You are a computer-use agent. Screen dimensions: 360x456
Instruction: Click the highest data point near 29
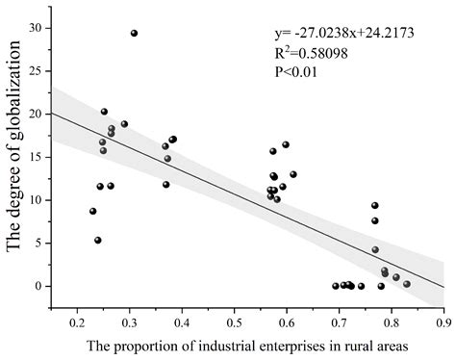click(x=134, y=33)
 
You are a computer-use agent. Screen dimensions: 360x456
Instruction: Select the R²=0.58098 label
click(x=331, y=54)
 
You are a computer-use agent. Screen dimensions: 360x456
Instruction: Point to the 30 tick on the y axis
click(x=36, y=28)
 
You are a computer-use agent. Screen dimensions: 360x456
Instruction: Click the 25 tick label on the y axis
click(x=36, y=71)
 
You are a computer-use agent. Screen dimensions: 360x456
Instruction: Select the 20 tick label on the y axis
click(x=36, y=114)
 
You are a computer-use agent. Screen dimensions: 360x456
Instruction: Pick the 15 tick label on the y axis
click(x=36, y=157)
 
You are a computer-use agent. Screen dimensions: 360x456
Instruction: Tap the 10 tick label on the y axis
click(x=36, y=200)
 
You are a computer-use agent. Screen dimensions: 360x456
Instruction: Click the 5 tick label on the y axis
click(x=38, y=243)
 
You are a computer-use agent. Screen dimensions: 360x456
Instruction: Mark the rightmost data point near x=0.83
click(x=407, y=284)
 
